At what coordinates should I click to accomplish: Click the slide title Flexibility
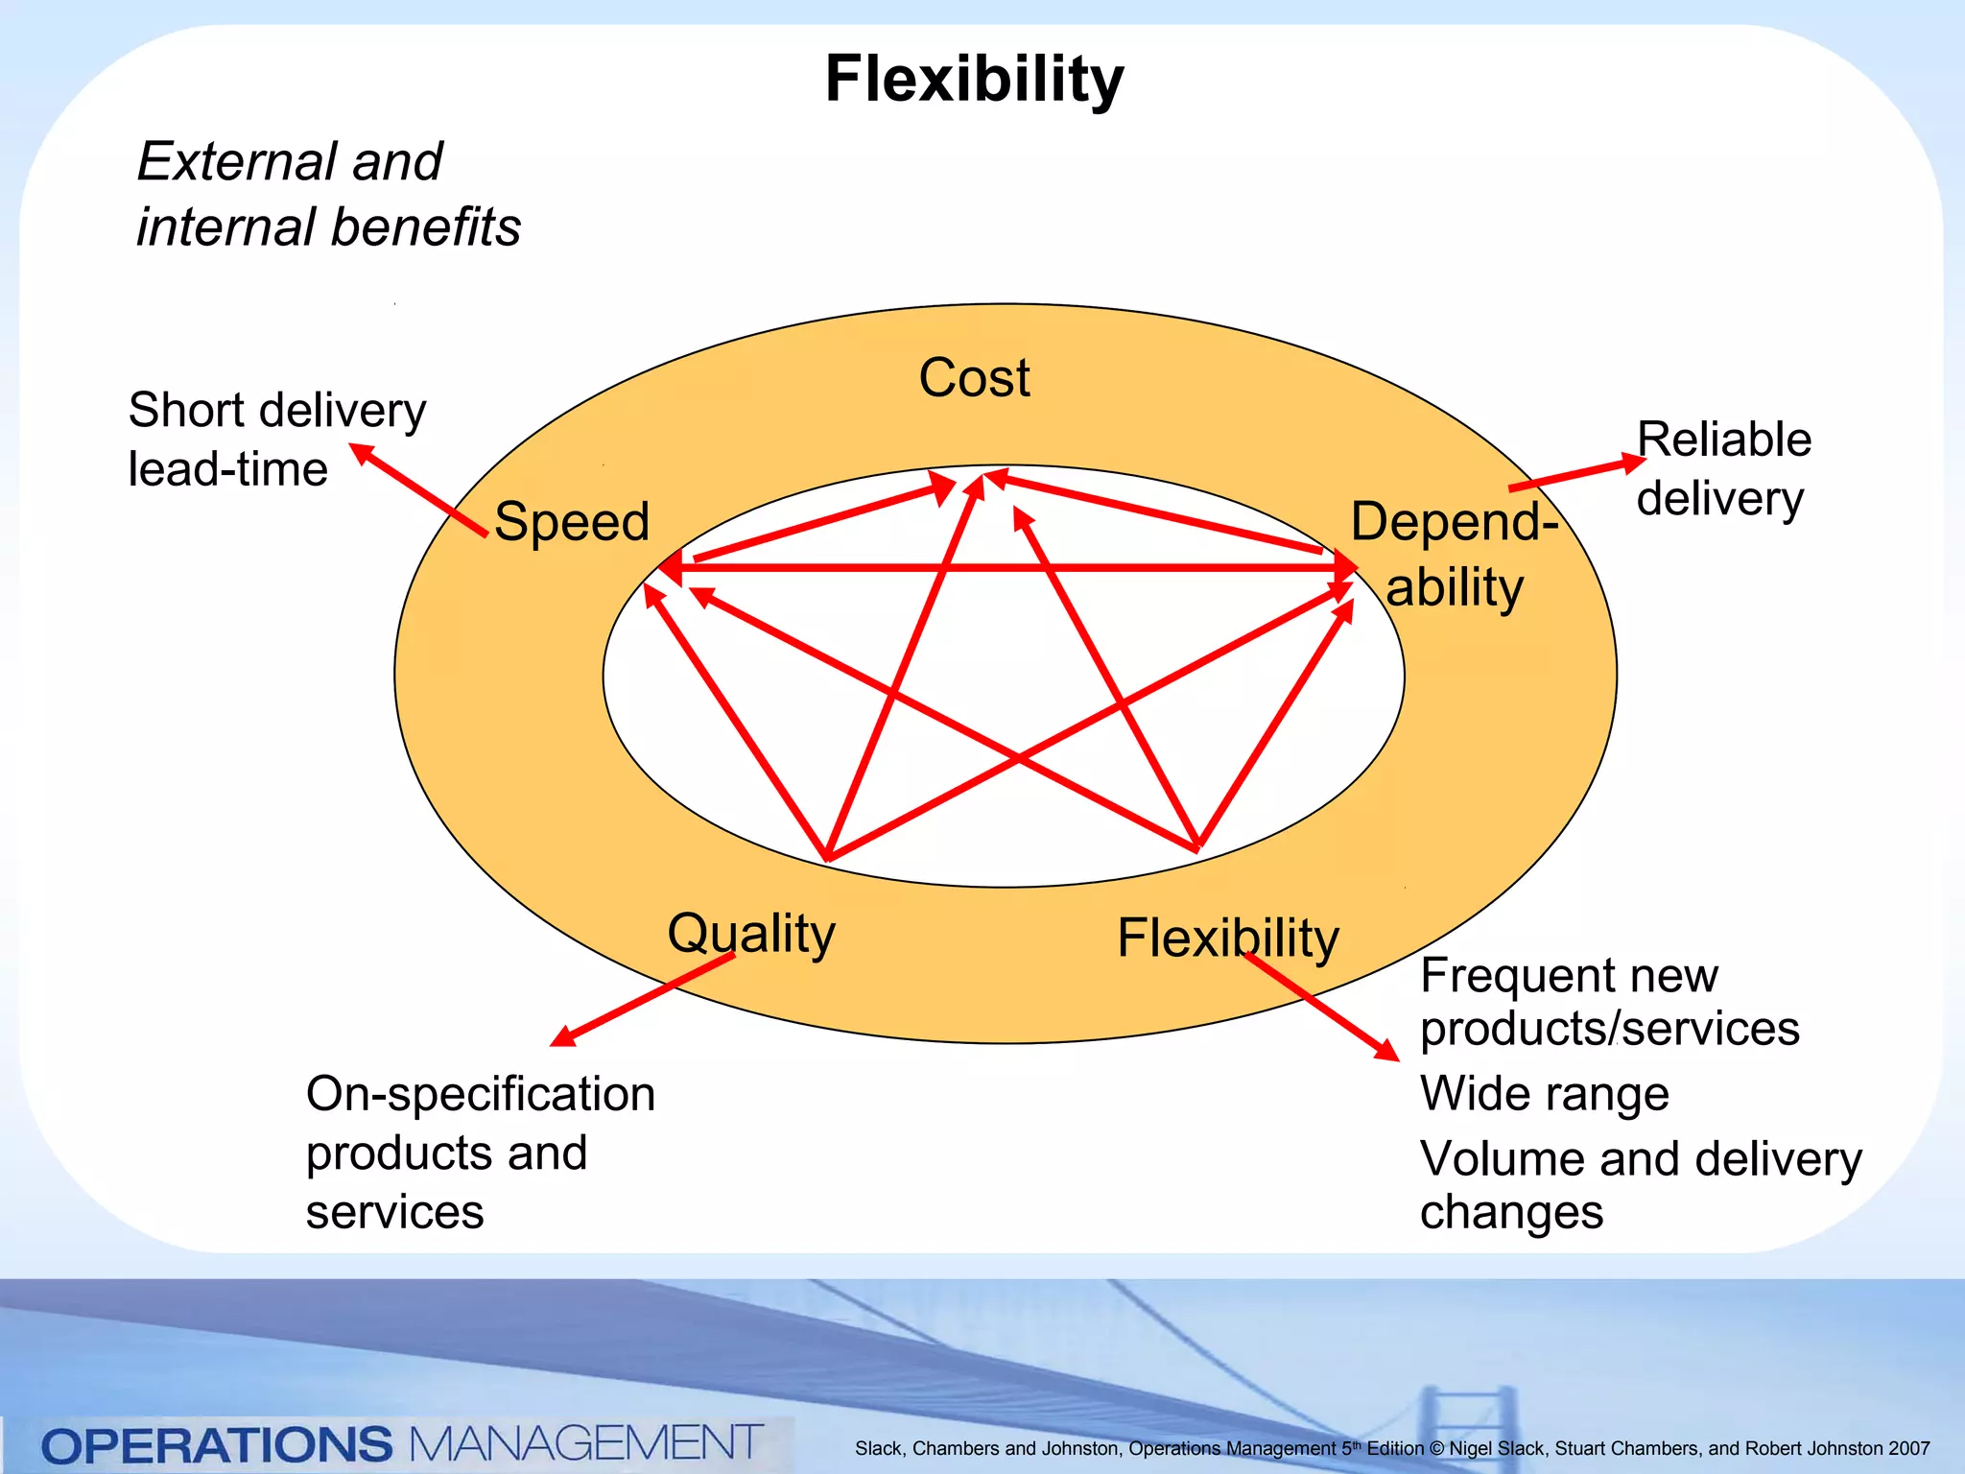click(x=974, y=79)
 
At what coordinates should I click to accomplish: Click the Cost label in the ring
click(x=974, y=377)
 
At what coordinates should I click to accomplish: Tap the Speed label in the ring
click(x=572, y=521)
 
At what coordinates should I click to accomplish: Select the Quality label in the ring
click(x=751, y=933)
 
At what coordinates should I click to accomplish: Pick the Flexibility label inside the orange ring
click(x=1227, y=938)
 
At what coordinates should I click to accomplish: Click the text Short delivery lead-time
click(x=276, y=439)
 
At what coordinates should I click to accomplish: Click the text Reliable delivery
click(x=1723, y=468)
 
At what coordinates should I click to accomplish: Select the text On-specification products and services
click(x=480, y=1152)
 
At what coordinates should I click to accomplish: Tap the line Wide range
click(x=1544, y=1093)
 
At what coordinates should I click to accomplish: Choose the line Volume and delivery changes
click(x=1640, y=1184)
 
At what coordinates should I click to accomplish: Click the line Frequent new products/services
click(x=1608, y=1002)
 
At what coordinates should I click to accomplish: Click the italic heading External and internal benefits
click(x=327, y=194)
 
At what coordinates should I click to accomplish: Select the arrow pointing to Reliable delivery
click(x=1577, y=475)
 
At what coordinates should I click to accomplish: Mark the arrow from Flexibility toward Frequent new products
click(x=1320, y=1007)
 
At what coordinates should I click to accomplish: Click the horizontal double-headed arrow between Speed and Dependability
click(x=1007, y=568)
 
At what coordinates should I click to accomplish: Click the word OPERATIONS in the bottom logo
click(x=217, y=1445)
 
